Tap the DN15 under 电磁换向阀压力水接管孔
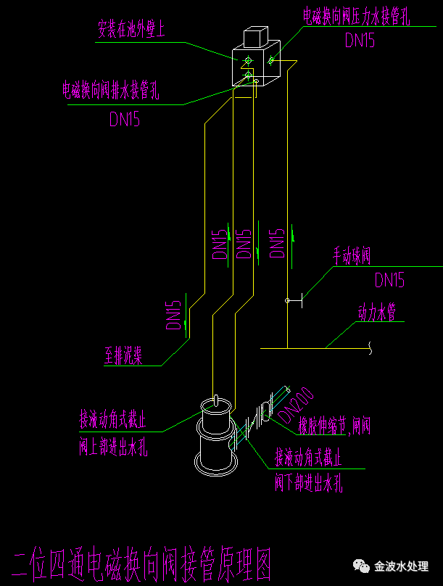360,41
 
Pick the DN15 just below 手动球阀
390,280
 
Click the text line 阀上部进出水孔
113,447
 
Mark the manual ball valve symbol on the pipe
289,300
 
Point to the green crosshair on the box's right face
271,60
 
